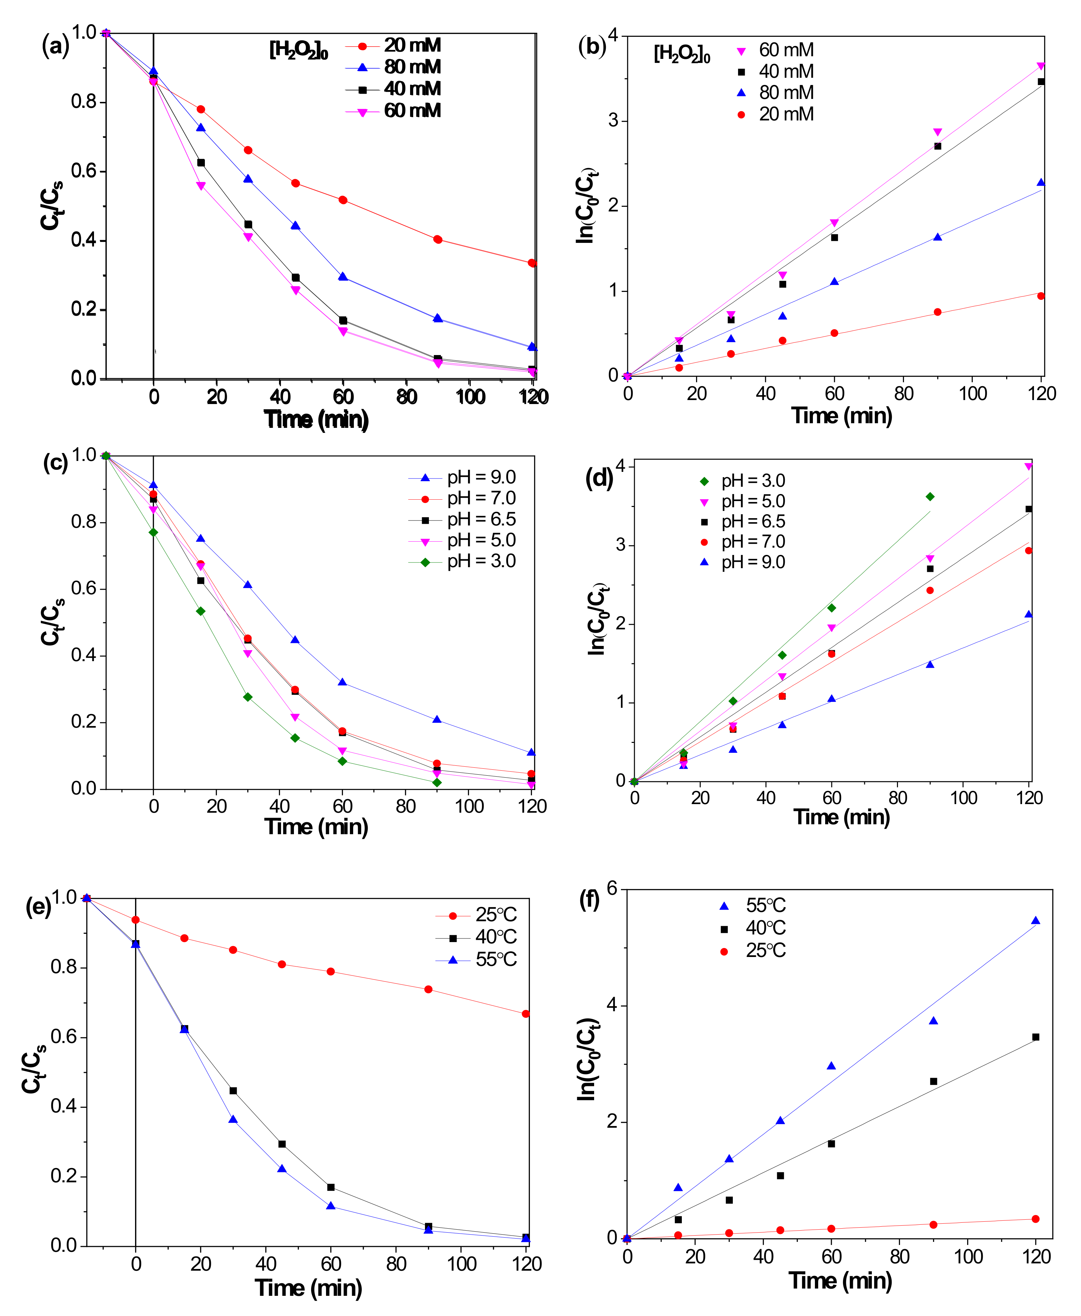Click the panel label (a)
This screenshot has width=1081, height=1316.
click(x=55, y=46)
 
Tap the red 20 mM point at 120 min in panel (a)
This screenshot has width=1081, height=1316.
click(x=532, y=263)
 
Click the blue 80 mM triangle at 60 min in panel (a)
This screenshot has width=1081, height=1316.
click(x=343, y=276)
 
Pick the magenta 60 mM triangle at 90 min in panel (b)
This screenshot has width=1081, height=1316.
click(x=937, y=132)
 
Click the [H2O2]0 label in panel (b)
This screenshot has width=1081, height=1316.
click(x=682, y=54)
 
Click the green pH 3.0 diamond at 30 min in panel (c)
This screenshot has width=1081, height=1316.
click(x=248, y=697)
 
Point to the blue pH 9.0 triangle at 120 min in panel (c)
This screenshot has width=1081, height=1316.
click(x=531, y=752)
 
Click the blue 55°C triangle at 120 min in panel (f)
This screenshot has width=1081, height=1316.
click(x=1036, y=921)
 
